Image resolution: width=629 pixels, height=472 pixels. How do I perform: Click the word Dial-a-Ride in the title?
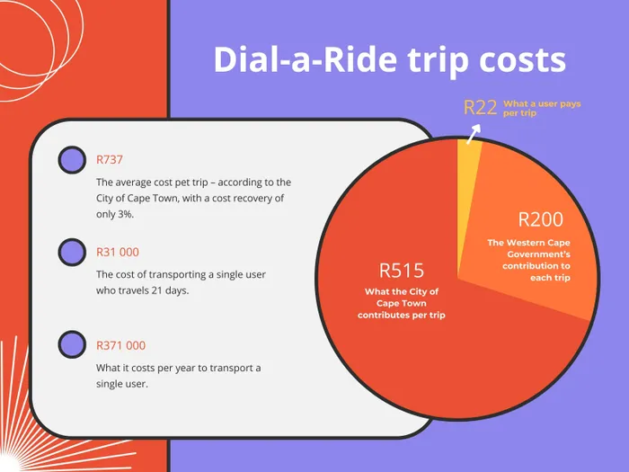pos(306,59)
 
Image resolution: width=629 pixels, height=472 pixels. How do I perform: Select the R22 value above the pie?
pos(480,108)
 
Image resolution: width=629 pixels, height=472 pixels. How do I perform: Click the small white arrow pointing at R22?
pos(474,134)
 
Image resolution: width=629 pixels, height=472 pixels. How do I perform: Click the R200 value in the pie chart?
pos(541,219)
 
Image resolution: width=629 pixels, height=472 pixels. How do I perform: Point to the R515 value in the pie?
pos(402,271)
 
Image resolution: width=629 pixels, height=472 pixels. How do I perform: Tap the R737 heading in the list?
pos(110,160)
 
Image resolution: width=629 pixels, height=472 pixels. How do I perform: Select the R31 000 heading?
pos(118,252)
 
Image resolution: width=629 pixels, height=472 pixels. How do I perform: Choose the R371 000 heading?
pos(120,345)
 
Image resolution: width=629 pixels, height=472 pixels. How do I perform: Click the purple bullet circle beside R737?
pos(72,160)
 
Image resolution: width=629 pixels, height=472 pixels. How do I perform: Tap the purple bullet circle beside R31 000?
pos(72,253)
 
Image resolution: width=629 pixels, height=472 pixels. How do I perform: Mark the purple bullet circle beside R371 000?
pos(72,344)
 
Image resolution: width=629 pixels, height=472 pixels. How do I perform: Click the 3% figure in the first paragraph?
pos(126,214)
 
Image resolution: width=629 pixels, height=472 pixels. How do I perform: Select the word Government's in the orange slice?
pos(538,254)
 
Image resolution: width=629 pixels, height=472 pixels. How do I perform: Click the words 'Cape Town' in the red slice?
pos(401,304)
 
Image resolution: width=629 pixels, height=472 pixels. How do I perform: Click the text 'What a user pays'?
pos(542,104)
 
